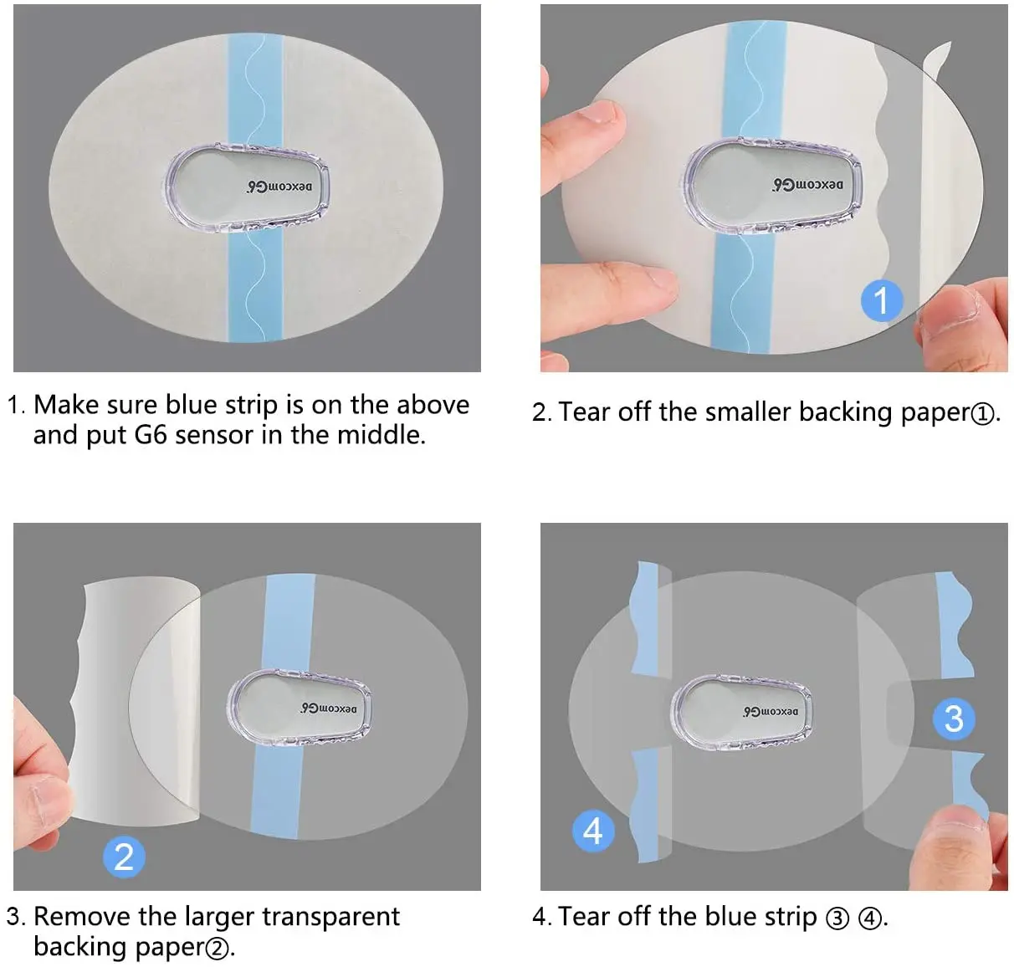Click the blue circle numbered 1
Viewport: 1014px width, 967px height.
click(x=881, y=299)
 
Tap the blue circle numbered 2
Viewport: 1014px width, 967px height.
click(x=124, y=857)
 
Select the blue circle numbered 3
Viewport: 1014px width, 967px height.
click(x=953, y=719)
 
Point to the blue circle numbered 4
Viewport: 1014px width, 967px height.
click(x=592, y=831)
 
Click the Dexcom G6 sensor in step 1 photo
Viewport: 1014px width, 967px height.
click(x=247, y=187)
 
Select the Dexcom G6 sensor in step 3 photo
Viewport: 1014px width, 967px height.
click(x=300, y=708)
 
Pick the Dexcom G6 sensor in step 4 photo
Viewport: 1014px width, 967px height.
click(x=741, y=711)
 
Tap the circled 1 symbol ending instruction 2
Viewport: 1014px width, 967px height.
click(x=984, y=414)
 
